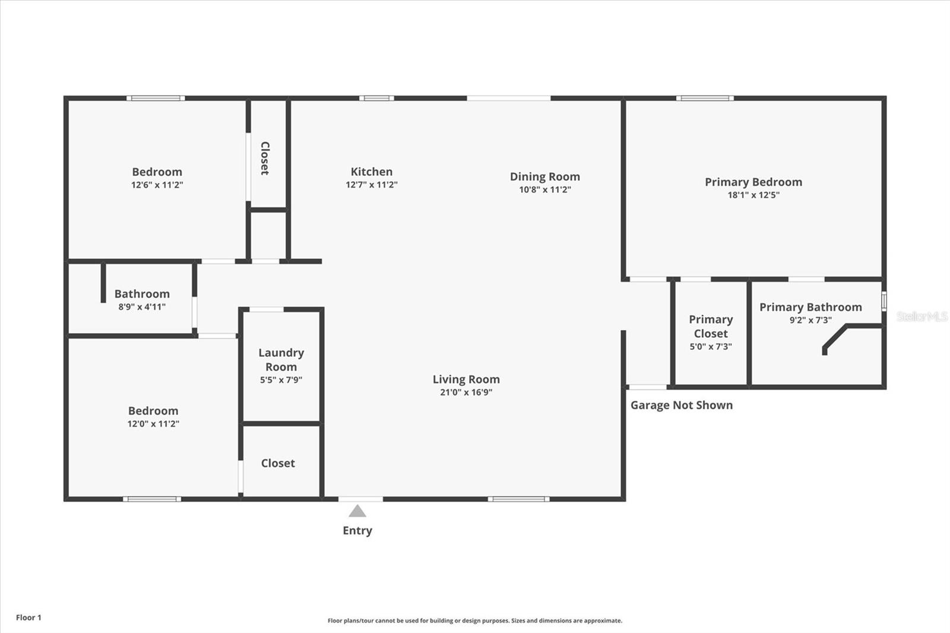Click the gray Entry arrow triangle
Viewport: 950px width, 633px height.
point(357,511)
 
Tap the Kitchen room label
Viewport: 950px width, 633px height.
point(371,172)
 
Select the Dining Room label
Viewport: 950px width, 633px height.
point(544,176)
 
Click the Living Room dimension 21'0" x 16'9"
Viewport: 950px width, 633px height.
point(465,392)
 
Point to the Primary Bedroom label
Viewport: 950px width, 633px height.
point(753,182)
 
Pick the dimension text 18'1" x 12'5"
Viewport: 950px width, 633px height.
point(753,195)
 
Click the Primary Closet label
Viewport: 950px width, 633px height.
point(710,326)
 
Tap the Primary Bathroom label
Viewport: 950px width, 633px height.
point(810,307)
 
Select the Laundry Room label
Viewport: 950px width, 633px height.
point(281,359)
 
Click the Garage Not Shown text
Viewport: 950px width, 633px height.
point(681,405)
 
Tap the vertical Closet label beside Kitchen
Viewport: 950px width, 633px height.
point(265,158)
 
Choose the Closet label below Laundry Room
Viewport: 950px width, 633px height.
point(277,463)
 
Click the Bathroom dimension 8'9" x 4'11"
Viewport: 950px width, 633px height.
point(142,307)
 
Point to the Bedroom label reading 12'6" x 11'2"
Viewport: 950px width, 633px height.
point(157,172)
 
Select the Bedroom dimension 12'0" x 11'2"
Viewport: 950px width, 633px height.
point(153,424)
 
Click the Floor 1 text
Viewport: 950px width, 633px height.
point(28,618)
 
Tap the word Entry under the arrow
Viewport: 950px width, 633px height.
point(357,531)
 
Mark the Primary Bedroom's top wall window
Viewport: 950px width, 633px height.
point(704,98)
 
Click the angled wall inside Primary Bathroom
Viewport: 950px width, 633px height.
point(834,337)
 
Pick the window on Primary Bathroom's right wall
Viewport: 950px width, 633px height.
point(883,301)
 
